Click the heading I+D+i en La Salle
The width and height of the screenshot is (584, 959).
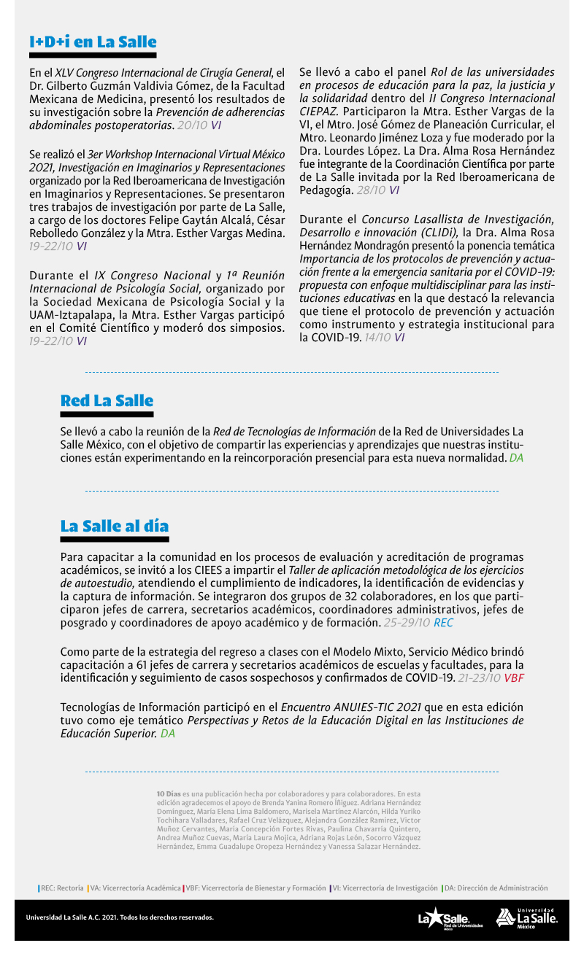(93, 42)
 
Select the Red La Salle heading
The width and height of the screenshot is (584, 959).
(107, 400)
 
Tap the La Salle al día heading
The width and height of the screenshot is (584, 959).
(115, 526)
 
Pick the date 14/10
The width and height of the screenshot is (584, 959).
(377, 337)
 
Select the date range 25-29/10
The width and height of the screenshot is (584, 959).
(407, 623)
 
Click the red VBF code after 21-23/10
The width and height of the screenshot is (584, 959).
(514, 678)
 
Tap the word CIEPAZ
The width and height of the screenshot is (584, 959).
(318, 112)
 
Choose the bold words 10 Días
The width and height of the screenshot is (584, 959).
(169, 793)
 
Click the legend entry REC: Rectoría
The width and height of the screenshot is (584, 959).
(61, 888)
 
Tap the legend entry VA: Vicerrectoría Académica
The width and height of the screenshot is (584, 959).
(134, 888)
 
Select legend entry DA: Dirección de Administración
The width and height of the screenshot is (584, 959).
(495, 888)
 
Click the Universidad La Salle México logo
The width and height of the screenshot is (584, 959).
(527, 918)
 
